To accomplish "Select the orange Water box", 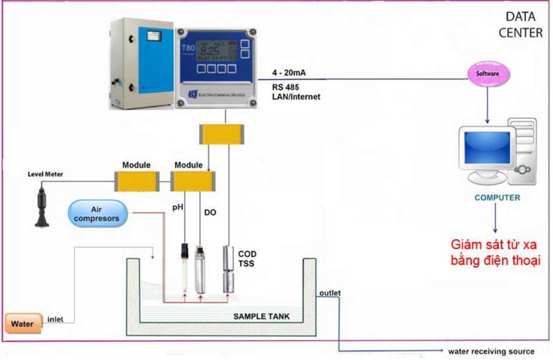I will pyautogui.click(x=24, y=322).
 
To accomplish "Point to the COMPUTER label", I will pyautogui.click(x=497, y=198).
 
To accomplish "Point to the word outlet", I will pyautogui.click(x=330, y=293).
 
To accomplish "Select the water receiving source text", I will pyautogui.click(x=491, y=351).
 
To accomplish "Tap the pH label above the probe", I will pyautogui.click(x=178, y=206).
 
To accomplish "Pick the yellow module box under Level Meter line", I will pyautogui.click(x=136, y=182).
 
